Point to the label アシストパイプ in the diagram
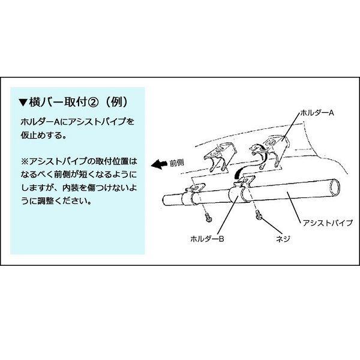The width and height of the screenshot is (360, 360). coord(329,222)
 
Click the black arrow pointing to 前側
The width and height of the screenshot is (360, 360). coord(158,163)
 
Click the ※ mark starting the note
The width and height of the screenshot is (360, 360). coord(23,163)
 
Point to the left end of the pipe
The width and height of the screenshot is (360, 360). coord(164,201)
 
